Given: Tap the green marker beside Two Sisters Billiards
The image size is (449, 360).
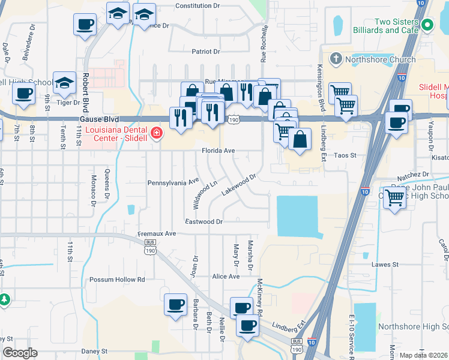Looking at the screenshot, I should point(427,25).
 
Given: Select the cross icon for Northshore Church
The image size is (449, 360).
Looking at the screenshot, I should point(336,59).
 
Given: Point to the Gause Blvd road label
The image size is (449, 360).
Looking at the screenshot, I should point(99,119).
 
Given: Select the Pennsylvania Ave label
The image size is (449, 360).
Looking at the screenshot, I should point(173,181).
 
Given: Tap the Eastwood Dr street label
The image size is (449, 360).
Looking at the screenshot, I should point(204,221).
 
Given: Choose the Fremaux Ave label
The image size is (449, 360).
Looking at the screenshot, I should point(156,233).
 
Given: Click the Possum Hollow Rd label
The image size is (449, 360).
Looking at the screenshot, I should point(117,280).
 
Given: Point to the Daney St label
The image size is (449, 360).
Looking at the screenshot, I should point(95,350).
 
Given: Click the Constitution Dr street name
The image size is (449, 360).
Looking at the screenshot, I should point(197,5).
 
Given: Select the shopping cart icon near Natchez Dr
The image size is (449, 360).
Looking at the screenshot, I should point(394,197).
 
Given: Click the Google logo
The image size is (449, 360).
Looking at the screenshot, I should point(20,353).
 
